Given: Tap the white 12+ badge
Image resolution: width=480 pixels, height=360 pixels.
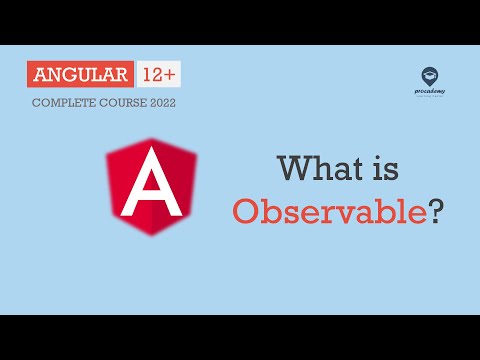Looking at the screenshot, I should pos(158,75).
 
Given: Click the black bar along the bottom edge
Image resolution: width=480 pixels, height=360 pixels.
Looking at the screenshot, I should pos(240,337).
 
